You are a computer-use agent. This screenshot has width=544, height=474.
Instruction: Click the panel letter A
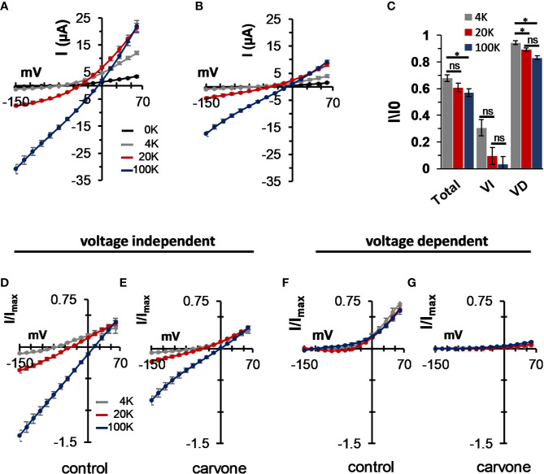tap(6, 7)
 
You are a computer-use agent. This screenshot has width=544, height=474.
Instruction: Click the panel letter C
tap(393, 7)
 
